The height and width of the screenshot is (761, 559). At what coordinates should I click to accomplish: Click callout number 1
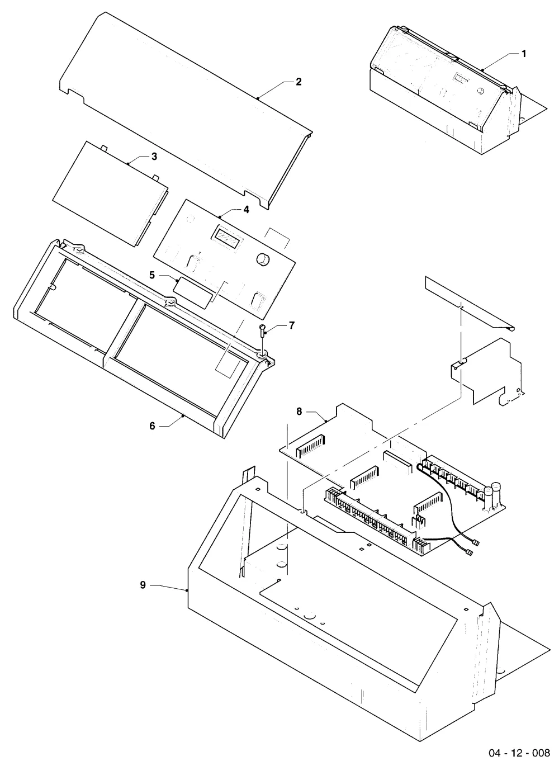click(524, 54)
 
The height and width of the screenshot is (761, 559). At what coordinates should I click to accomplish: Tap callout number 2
click(299, 82)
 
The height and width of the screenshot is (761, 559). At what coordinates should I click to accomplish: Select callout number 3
click(154, 157)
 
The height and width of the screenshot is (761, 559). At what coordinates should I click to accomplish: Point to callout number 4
click(246, 210)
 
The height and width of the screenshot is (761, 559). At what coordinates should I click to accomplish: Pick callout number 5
click(152, 275)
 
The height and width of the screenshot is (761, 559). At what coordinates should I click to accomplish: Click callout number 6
click(152, 426)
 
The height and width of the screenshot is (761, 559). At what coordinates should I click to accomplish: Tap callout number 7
click(292, 325)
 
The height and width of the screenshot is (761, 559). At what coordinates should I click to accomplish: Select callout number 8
click(299, 412)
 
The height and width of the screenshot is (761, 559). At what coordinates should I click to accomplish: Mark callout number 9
click(143, 585)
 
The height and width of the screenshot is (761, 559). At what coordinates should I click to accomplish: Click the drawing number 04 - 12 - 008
click(519, 751)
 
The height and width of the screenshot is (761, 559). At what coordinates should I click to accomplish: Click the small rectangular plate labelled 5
click(195, 292)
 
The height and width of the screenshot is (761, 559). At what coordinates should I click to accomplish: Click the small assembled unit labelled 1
click(458, 90)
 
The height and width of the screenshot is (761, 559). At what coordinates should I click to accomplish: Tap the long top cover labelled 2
click(186, 110)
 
